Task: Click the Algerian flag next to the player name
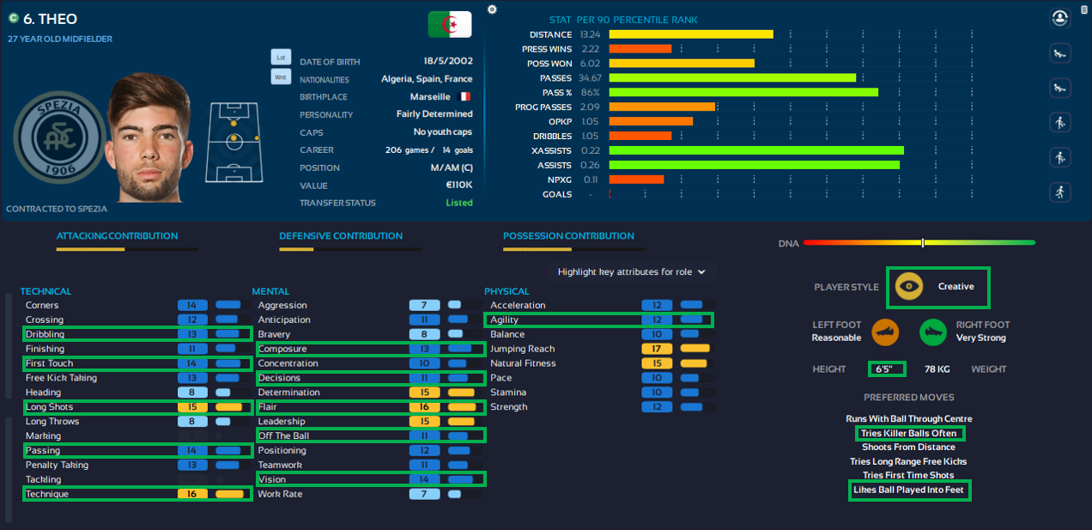(449, 24)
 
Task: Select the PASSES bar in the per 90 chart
(732, 78)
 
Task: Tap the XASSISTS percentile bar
(756, 150)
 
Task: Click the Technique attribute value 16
(192, 494)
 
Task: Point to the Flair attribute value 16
(424, 407)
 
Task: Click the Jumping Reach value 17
(656, 349)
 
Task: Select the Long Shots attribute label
(50, 407)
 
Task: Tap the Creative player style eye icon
(909, 287)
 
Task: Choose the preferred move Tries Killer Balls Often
(908, 434)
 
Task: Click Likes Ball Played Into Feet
(908, 490)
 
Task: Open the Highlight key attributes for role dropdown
(631, 271)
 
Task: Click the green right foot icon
(933, 332)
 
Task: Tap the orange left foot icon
(885, 332)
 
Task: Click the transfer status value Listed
(459, 203)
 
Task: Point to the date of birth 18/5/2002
(447, 62)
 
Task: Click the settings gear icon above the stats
(492, 9)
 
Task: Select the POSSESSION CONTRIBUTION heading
(568, 236)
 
